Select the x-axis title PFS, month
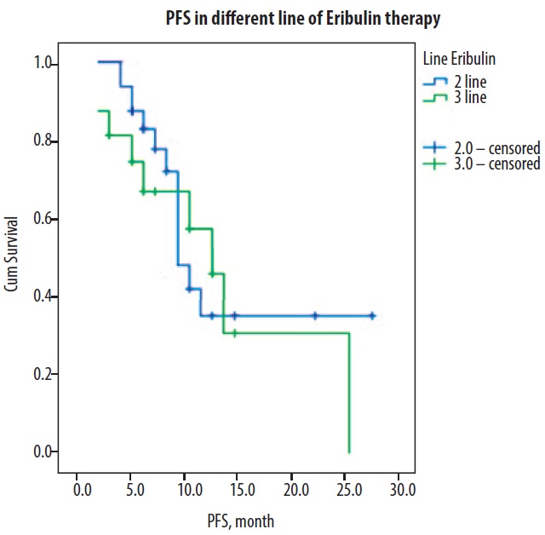(x=239, y=520)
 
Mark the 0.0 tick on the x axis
(x=82, y=491)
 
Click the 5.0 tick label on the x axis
(x=135, y=491)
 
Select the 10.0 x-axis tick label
(x=187, y=491)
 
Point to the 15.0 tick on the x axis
(x=241, y=491)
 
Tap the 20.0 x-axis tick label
(x=295, y=491)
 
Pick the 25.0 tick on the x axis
(x=348, y=491)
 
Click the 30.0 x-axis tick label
(x=402, y=491)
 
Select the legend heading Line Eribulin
(x=460, y=59)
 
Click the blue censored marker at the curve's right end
(x=372, y=315)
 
